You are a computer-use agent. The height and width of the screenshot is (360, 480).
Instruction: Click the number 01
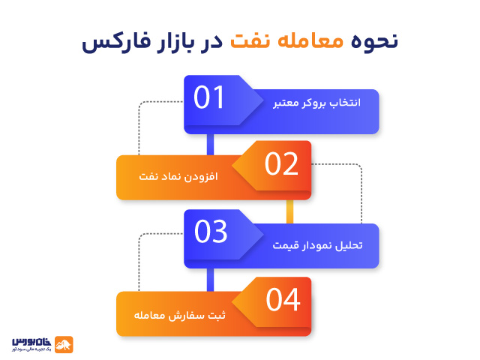209,98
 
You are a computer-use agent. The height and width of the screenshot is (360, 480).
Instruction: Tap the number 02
282,164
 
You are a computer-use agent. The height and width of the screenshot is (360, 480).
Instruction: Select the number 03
210,232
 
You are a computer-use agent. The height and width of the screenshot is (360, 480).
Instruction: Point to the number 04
283,299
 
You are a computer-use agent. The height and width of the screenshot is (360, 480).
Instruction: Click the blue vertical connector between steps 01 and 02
211,144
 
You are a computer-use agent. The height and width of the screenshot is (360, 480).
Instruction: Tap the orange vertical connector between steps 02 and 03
289,212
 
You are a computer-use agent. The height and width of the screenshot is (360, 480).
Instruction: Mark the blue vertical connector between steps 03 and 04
211,279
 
